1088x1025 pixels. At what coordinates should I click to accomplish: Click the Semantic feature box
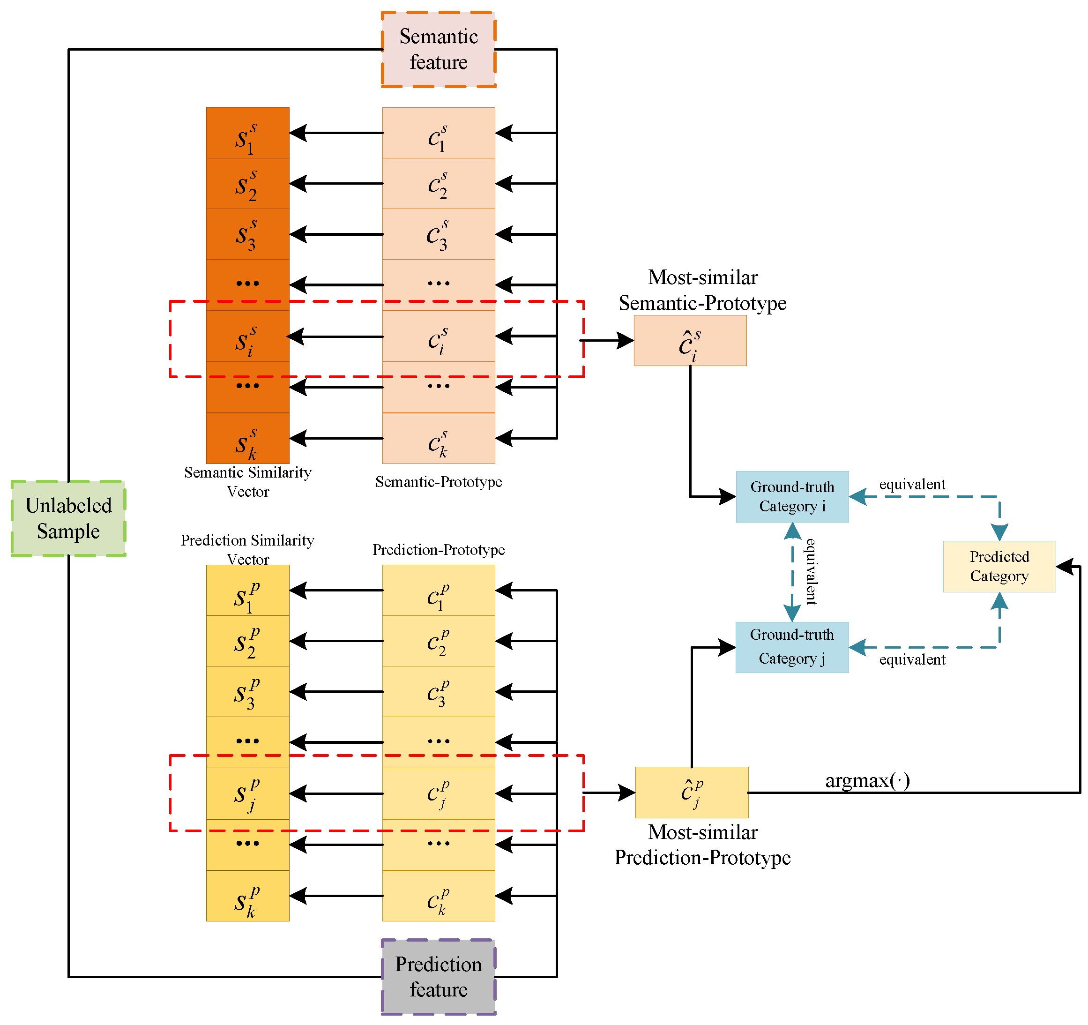[439, 49]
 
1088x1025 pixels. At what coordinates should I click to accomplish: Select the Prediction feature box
[439, 977]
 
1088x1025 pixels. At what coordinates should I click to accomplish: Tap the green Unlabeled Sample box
[68, 518]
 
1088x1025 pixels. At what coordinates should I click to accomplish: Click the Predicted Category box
[999, 566]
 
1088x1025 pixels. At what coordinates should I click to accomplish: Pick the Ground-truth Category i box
[792, 497]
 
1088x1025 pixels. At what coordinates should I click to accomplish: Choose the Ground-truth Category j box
[792, 647]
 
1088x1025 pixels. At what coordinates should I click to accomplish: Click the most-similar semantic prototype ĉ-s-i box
[690, 341]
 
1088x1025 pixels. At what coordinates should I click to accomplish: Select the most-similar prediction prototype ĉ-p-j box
[692, 792]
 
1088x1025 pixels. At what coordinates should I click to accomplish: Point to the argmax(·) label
[867, 780]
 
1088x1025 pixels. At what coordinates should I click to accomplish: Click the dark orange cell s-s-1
[247, 133]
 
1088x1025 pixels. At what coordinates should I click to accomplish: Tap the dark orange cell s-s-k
[247, 438]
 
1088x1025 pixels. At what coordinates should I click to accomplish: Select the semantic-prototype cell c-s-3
[439, 234]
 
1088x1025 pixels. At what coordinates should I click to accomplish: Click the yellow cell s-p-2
[247, 641]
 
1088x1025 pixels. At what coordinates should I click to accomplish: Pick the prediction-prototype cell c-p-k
[439, 896]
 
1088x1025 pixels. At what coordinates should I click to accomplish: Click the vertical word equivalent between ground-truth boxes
[811, 572]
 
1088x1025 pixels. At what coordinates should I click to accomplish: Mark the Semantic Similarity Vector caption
[247, 481]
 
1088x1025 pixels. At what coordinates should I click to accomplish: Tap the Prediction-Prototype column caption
[439, 550]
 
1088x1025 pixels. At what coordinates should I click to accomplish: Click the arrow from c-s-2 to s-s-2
[336, 183]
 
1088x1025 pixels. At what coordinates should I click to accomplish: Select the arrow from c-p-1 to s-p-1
[336, 590]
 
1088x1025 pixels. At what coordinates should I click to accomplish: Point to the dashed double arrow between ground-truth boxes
[792, 572]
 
